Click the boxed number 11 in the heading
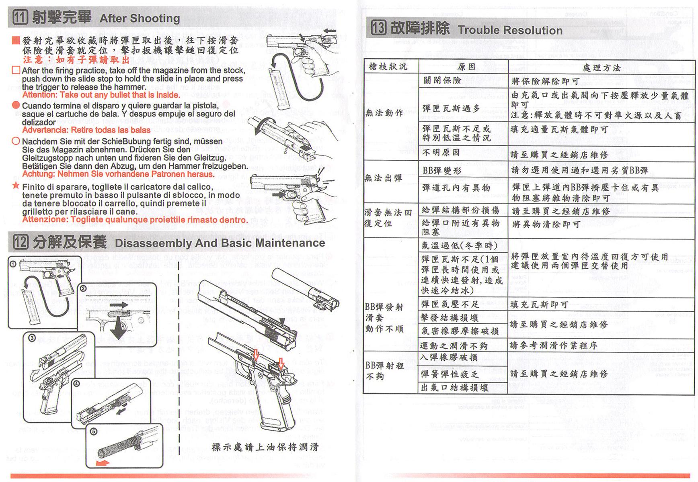click(21, 18)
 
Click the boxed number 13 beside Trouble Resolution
click(378, 29)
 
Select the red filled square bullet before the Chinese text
click(16, 41)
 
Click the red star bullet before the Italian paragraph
click(16, 186)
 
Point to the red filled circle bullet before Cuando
click(16, 105)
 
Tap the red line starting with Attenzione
click(135, 220)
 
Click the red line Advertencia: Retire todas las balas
click(86, 130)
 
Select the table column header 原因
click(466, 67)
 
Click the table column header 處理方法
click(601, 67)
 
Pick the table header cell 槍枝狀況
click(388, 66)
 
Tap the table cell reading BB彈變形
click(443, 170)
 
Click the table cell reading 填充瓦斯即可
click(539, 305)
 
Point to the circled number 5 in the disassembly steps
click(93, 432)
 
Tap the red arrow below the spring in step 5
click(103, 463)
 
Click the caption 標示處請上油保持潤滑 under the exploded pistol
click(265, 447)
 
